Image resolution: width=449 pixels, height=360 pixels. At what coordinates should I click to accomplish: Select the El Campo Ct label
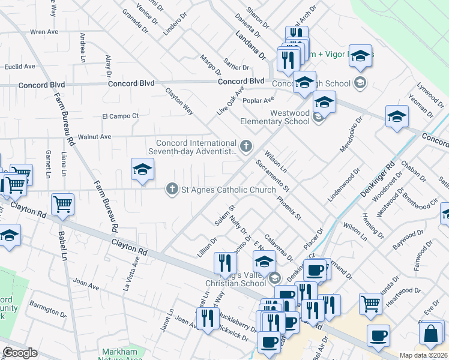[x=120, y=116]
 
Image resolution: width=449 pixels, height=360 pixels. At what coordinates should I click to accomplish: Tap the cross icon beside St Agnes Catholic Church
[x=172, y=190]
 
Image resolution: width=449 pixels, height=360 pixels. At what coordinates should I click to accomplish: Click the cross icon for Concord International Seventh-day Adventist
[x=246, y=146]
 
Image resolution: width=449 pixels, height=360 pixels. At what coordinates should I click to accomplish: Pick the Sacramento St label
[x=273, y=176]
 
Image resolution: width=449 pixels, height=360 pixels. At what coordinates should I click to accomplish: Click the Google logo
[x=20, y=353]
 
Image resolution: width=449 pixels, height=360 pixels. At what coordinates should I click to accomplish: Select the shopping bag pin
[x=432, y=334]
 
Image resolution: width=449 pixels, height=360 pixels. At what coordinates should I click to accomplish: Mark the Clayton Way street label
[x=179, y=101]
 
